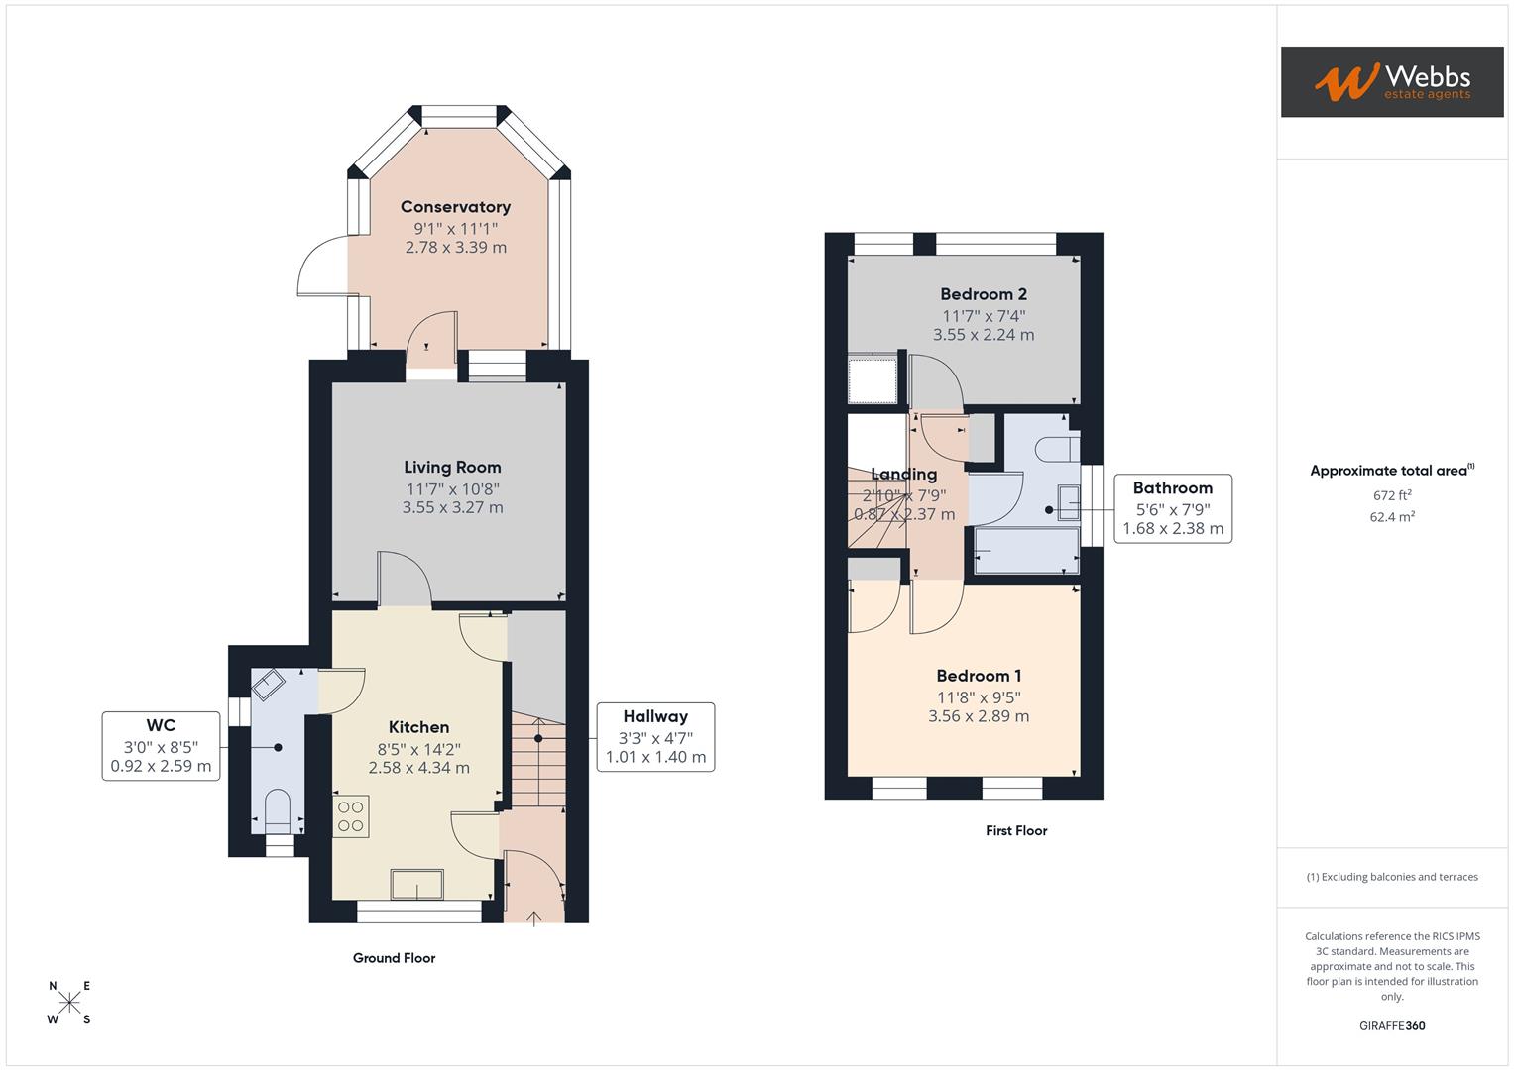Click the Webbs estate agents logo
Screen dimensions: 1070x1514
1391,82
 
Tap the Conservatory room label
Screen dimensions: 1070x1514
455,207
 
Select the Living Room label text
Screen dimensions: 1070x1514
452,468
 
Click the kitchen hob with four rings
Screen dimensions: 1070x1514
351,816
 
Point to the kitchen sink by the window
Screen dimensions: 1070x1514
417,884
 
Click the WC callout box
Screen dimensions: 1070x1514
161,745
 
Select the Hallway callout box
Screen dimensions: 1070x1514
654,737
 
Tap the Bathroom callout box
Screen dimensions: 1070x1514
1172,508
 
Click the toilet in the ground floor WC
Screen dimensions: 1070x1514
279,810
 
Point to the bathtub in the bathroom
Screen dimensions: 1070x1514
1026,550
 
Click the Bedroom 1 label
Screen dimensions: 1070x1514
979,676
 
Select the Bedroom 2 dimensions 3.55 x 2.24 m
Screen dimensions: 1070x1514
983,335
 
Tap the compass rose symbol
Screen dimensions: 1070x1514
69,1003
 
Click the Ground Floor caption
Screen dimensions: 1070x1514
394,958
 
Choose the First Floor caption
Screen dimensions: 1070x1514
1015,831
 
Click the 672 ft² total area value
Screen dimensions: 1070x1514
1391,495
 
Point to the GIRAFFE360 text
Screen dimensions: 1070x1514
1391,1026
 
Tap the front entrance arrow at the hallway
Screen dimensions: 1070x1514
533,917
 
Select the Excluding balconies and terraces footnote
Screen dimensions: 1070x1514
1391,877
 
